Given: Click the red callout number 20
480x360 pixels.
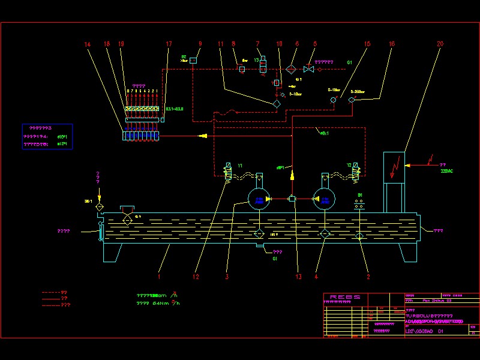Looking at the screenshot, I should [x=440, y=44].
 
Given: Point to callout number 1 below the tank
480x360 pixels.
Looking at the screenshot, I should [x=159, y=277].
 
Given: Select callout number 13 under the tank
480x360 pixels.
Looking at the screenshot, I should [x=298, y=277].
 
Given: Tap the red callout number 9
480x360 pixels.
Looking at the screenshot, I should [x=200, y=44].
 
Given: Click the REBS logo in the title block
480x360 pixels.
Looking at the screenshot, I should [x=346, y=296].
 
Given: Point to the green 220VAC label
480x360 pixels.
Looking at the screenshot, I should [x=447, y=171].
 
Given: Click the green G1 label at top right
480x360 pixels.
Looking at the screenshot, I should [x=350, y=62].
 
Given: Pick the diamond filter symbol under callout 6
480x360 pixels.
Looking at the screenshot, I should [x=291, y=69].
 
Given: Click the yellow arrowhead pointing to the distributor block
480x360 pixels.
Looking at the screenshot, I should [x=204, y=136].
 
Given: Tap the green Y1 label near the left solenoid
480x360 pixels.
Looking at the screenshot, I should [x=240, y=166].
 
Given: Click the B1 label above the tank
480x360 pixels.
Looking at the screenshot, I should [x=360, y=196].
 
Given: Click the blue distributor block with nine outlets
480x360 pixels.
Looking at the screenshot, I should [x=140, y=136].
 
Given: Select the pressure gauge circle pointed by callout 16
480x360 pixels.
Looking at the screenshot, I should [x=352, y=100].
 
